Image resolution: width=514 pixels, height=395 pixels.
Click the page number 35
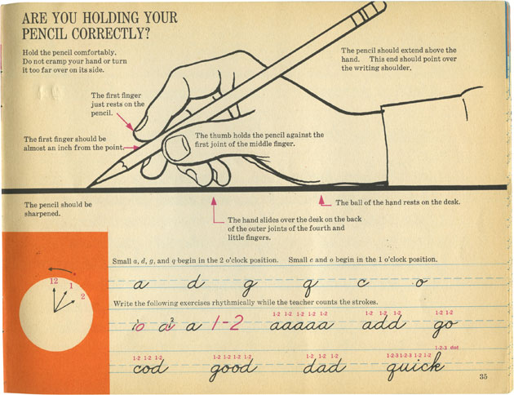483,376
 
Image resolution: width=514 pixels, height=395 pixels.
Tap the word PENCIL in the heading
44,33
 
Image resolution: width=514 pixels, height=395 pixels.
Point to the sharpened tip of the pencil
88,187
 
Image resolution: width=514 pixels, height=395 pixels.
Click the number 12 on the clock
54,281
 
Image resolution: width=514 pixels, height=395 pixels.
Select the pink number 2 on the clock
82,297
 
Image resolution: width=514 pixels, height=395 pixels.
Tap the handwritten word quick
414,366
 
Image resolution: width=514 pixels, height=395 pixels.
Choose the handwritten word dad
324,366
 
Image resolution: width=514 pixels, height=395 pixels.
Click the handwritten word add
383,324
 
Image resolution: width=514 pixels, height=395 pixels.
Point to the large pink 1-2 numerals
227,323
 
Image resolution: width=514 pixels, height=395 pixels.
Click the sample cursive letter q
308,286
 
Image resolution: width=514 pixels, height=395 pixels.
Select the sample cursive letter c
363,282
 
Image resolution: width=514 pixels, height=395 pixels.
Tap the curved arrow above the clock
60,270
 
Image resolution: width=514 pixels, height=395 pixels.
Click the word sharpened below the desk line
42,214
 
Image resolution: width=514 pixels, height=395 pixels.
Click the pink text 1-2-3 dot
446,348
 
